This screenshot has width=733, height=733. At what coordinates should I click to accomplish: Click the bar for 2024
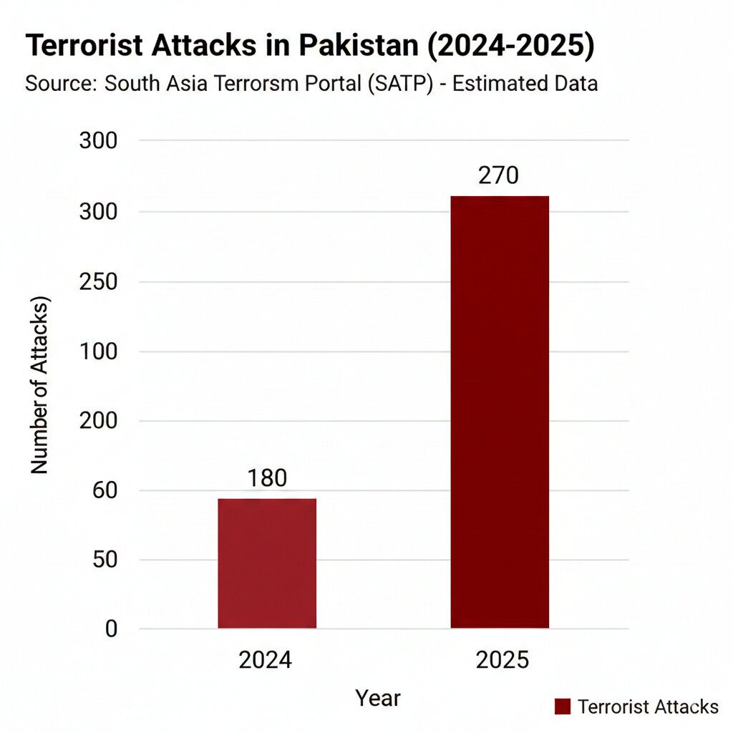pos(267,563)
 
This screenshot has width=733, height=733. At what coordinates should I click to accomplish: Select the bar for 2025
pos(499,412)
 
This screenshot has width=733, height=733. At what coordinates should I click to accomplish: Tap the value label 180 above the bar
pos(267,478)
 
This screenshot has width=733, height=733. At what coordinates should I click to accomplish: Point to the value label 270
pos(498,175)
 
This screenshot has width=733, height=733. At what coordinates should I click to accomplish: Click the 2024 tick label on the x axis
pos(266,659)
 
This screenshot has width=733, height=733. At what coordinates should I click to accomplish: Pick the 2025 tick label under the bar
pos(503,659)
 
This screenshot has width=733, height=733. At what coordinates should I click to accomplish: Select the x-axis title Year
pos(379,697)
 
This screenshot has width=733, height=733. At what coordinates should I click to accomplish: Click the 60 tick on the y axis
pos(105,490)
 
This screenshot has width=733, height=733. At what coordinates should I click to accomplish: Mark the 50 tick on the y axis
pos(105,560)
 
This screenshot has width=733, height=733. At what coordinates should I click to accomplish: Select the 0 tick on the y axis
pos(111,629)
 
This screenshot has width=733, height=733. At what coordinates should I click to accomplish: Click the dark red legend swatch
pos(563,707)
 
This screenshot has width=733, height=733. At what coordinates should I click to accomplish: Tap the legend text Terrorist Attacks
pos(648,707)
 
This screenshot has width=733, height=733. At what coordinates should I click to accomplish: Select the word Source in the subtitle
pos(60,84)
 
